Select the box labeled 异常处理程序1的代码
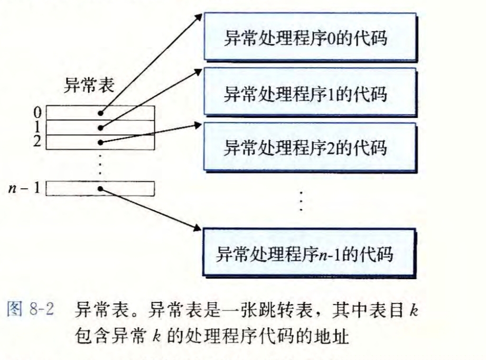click(x=310, y=94)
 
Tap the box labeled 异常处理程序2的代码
click(x=310, y=146)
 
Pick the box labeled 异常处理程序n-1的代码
click(x=310, y=254)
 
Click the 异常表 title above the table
click(x=87, y=85)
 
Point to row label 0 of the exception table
click(x=37, y=113)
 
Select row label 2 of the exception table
click(x=37, y=141)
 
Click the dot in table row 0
click(x=100, y=114)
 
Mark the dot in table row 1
click(x=100, y=128)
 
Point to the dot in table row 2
click(x=100, y=142)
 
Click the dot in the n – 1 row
click(x=100, y=189)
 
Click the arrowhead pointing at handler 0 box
click(x=199, y=14)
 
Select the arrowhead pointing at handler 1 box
click(x=199, y=69)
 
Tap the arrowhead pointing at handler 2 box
click(x=199, y=125)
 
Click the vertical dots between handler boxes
click(x=301, y=200)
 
